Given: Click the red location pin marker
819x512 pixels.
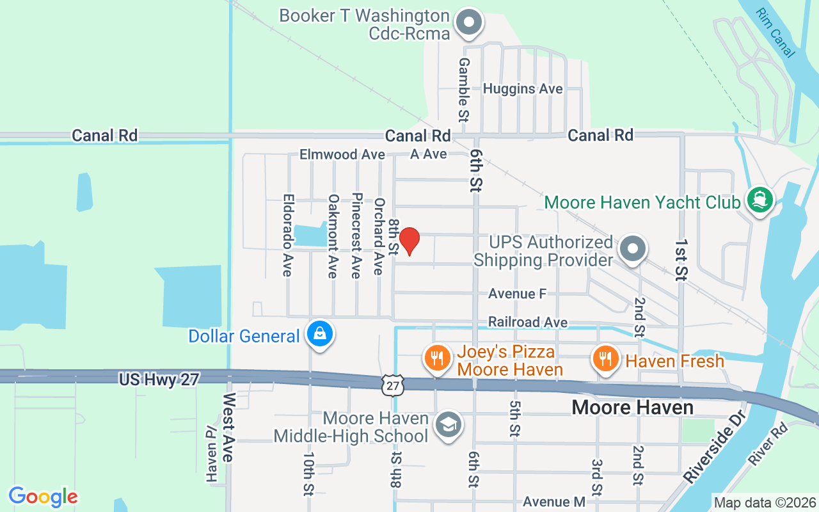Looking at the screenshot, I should pos(409,241).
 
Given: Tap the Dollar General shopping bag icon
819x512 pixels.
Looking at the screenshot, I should pos(319,333).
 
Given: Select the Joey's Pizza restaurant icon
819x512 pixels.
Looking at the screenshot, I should pos(437,358).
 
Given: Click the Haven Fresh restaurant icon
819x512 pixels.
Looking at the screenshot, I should pos(605,358).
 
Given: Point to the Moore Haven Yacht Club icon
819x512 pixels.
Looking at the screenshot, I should pos(760,200).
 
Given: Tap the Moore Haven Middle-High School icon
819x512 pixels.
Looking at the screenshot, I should pos(448,424).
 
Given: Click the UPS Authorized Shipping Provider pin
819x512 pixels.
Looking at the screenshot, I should pos(633,249).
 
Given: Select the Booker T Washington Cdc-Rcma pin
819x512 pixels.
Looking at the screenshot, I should pos(469,22).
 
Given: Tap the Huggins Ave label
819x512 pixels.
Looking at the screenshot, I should pos(523,89).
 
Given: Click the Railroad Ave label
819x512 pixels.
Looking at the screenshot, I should pos(527,322).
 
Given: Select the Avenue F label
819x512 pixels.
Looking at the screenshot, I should pos(517,294).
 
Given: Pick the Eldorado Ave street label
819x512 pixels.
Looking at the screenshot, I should pos(287,236).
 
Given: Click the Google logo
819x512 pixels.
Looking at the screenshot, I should pos(44,497).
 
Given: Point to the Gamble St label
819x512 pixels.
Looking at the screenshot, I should pos(463,90).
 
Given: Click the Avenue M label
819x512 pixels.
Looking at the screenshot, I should pos(553,502).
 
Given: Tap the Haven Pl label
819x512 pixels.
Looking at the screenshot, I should pos(212,454).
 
